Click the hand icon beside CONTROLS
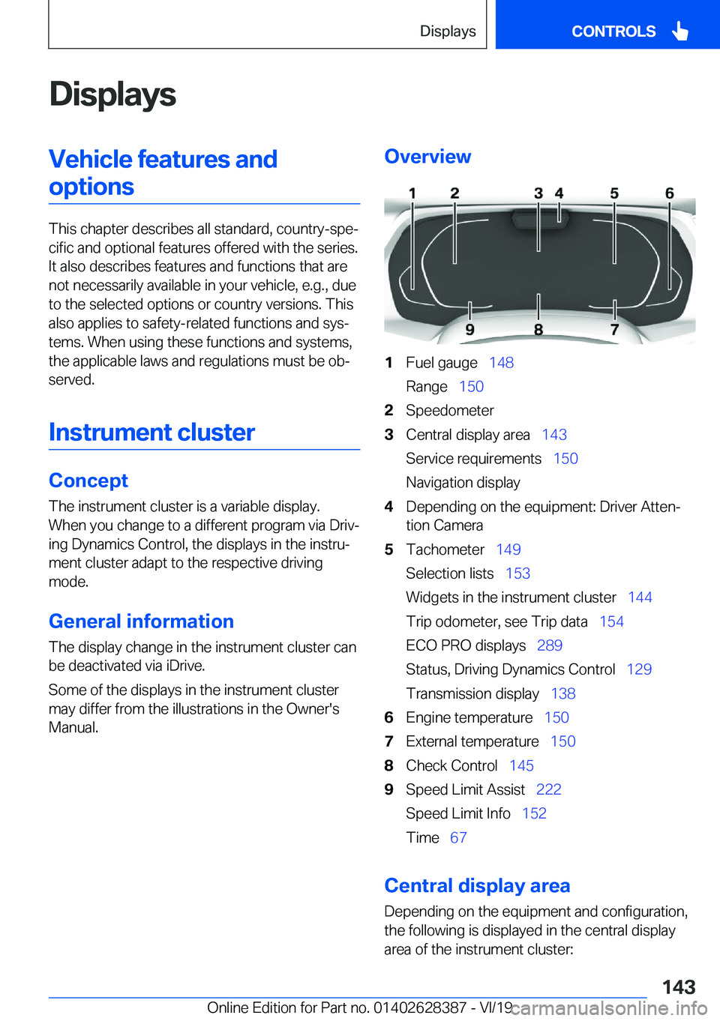click(x=680, y=31)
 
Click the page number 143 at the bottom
click(x=679, y=987)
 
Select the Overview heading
click(x=427, y=157)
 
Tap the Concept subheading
click(x=88, y=481)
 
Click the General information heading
click(x=141, y=621)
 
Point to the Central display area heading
click(x=477, y=885)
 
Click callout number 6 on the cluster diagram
click(x=670, y=193)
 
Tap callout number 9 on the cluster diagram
click(x=469, y=330)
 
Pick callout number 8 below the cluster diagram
click(x=538, y=330)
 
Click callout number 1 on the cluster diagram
click(x=412, y=193)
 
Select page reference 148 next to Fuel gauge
click(x=501, y=363)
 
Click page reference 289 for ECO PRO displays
click(x=550, y=645)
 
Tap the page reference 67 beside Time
click(x=458, y=838)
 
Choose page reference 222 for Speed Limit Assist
click(x=549, y=789)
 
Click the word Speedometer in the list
click(x=450, y=411)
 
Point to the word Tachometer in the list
click(x=445, y=549)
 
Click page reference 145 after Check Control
click(x=521, y=765)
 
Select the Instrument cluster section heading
click(x=151, y=433)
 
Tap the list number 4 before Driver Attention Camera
click(x=388, y=507)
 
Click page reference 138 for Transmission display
click(x=563, y=693)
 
